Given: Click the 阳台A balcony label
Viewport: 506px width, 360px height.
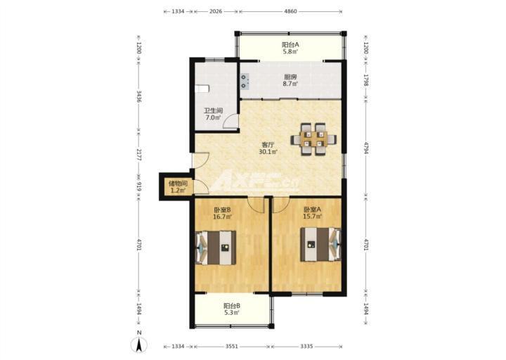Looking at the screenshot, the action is point(290,45).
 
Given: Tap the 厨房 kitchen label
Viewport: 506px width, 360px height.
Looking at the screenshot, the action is point(290,77).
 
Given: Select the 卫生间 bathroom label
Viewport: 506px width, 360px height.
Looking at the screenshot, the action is point(214,111).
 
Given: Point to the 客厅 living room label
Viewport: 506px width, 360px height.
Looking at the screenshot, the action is point(268,144).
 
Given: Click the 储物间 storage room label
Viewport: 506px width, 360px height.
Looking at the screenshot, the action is point(178,184).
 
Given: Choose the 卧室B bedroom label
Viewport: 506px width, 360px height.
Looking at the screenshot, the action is point(222,210).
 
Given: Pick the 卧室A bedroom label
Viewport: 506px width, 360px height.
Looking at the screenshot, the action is point(312,210).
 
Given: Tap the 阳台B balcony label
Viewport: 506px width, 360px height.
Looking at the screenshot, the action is point(232,305).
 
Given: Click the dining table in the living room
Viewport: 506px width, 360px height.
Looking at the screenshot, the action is point(313,139).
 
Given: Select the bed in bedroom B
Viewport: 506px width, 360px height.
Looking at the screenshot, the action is point(216,247).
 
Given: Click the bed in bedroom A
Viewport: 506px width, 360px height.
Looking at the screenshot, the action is point(320,245).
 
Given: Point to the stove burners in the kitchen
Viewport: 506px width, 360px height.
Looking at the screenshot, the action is point(245,82).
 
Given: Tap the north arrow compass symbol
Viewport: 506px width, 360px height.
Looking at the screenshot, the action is point(139,343).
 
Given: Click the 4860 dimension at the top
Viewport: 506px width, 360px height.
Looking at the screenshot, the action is point(290,11).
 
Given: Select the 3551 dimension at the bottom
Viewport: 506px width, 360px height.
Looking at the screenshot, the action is point(232,347).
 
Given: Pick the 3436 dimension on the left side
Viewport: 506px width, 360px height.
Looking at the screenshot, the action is point(139,96).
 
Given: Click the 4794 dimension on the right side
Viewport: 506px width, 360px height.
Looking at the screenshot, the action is point(366,147).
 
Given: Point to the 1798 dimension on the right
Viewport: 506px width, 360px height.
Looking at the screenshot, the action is point(366,80).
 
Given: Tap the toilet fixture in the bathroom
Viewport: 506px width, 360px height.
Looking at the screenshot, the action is point(202,89).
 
